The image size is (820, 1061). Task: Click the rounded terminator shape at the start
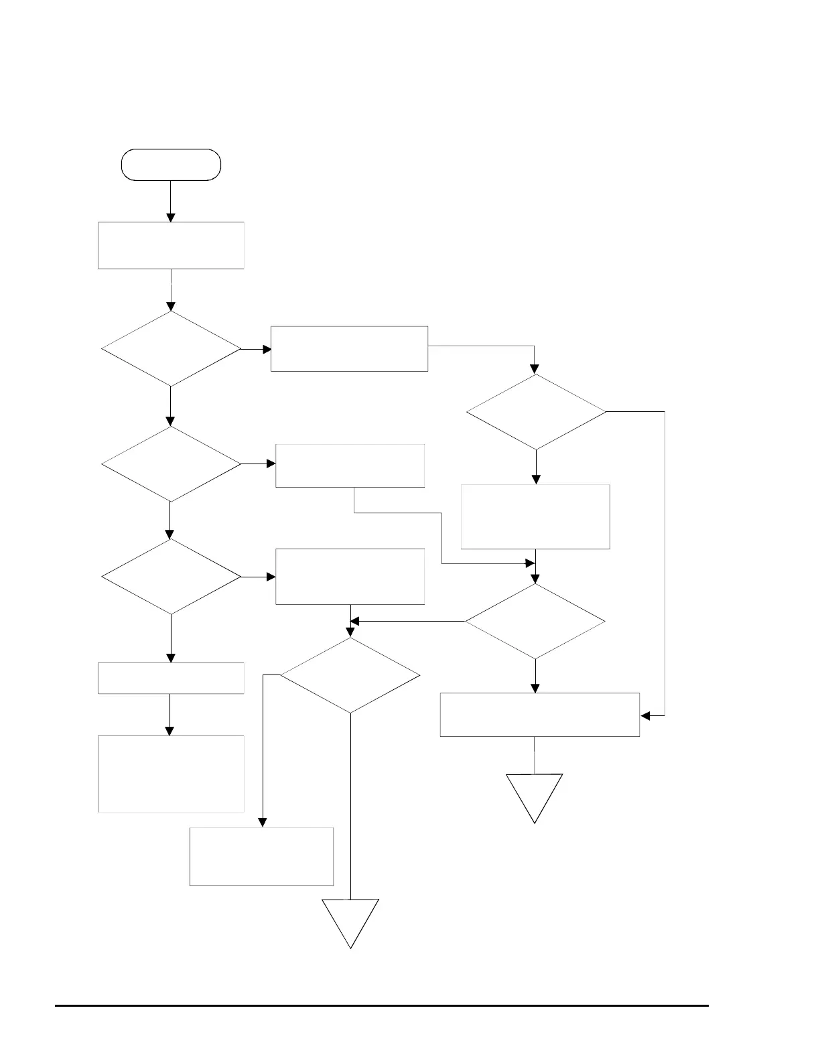tap(171, 165)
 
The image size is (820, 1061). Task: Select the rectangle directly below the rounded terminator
tap(171, 245)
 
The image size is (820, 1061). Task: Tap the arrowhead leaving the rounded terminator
tap(171, 217)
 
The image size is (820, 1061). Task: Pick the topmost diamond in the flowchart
tap(171, 348)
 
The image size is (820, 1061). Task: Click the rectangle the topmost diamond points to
tap(349, 348)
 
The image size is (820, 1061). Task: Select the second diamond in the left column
tap(171, 464)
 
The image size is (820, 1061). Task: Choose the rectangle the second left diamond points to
tap(350, 466)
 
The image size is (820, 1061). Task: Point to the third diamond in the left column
tap(171, 577)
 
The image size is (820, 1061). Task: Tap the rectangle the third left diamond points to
tap(350, 577)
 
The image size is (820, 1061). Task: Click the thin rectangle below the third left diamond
tap(171, 678)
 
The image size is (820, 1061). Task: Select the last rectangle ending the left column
tap(171, 774)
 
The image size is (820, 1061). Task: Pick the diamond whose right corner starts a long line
tap(536, 411)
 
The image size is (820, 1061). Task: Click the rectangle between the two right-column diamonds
tap(536, 516)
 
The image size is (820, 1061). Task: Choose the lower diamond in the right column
tap(535, 622)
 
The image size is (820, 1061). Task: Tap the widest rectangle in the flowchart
tap(539, 715)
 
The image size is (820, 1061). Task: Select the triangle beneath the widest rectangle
tap(535, 794)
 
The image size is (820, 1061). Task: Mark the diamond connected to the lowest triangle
tap(350, 675)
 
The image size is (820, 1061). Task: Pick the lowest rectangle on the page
tap(261, 856)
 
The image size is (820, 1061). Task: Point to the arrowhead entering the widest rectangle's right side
tap(645, 716)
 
